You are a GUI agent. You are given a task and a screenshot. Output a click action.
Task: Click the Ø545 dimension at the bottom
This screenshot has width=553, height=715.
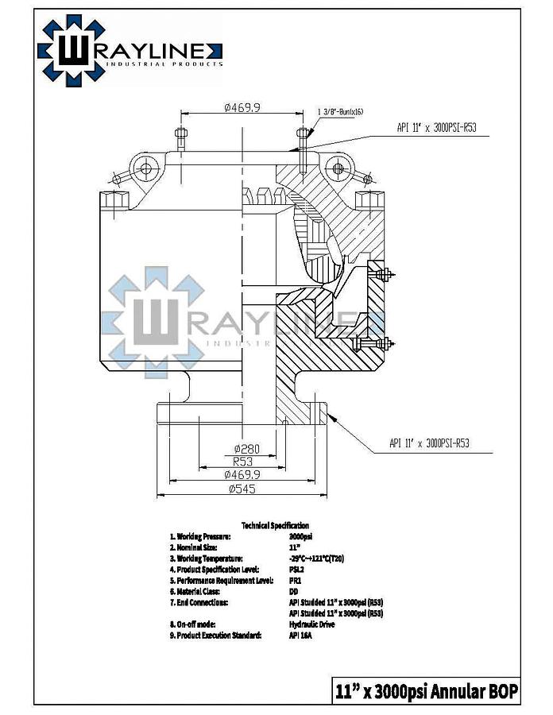[x=242, y=489]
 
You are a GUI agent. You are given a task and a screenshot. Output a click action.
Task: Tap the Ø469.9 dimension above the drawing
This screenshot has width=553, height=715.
[x=243, y=107]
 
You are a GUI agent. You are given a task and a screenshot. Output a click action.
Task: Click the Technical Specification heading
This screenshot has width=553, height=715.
[x=275, y=526]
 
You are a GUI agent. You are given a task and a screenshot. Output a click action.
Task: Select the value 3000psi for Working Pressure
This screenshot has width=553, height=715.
[x=301, y=536]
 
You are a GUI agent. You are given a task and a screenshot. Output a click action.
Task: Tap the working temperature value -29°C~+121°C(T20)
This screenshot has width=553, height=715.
[x=316, y=558]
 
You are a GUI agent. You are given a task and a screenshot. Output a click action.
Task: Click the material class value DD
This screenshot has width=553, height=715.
[x=295, y=592]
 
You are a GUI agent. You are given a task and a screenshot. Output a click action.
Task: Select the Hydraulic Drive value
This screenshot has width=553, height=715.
[x=311, y=624]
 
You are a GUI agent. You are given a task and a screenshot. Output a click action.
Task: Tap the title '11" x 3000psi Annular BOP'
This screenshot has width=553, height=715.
[x=426, y=690]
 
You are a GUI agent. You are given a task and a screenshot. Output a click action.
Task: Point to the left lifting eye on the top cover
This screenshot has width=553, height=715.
[x=145, y=169]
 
